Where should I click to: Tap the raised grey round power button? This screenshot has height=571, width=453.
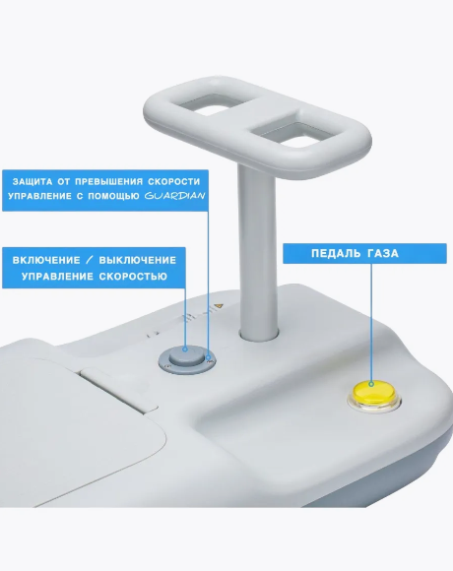click(187, 356)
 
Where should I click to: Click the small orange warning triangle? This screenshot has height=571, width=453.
click(218, 306)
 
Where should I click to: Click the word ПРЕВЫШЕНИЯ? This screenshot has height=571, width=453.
click(109, 181)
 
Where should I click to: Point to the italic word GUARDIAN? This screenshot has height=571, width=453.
click(174, 196)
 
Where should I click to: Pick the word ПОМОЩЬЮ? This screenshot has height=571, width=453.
click(113, 196)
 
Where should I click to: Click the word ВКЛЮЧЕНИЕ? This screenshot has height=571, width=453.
click(46, 260)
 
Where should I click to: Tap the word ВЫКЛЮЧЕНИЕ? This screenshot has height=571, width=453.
click(138, 260)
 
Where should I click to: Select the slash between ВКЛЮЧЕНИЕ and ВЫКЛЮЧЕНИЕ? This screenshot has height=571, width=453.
click(90, 260)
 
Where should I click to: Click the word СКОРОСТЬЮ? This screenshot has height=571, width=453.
click(133, 277)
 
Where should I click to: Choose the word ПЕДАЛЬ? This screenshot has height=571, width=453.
click(335, 253)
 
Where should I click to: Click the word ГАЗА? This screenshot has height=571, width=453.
click(383, 253)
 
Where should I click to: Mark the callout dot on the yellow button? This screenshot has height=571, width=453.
click(371, 384)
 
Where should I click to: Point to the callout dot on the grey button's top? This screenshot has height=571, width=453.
click(185, 349)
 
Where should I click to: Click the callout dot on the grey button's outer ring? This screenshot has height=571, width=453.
click(209, 358)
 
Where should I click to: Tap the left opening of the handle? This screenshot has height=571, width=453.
click(207, 103)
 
